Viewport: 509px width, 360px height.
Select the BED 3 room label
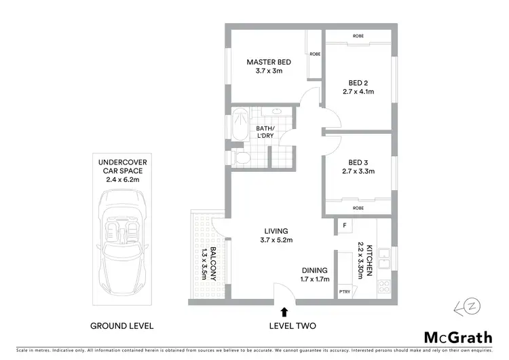(x=358, y=162)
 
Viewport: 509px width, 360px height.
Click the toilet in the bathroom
(x=239, y=158)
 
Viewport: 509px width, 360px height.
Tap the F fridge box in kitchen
(x=345, y=225)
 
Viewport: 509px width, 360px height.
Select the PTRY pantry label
(x=344, y=293)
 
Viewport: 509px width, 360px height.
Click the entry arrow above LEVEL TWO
(x=283, y=312)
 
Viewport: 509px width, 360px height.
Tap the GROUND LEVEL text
(x=122, y=326)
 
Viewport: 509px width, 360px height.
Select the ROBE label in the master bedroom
(x=315, y=54)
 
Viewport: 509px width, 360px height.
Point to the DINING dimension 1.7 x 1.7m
(x=315, y=279)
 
